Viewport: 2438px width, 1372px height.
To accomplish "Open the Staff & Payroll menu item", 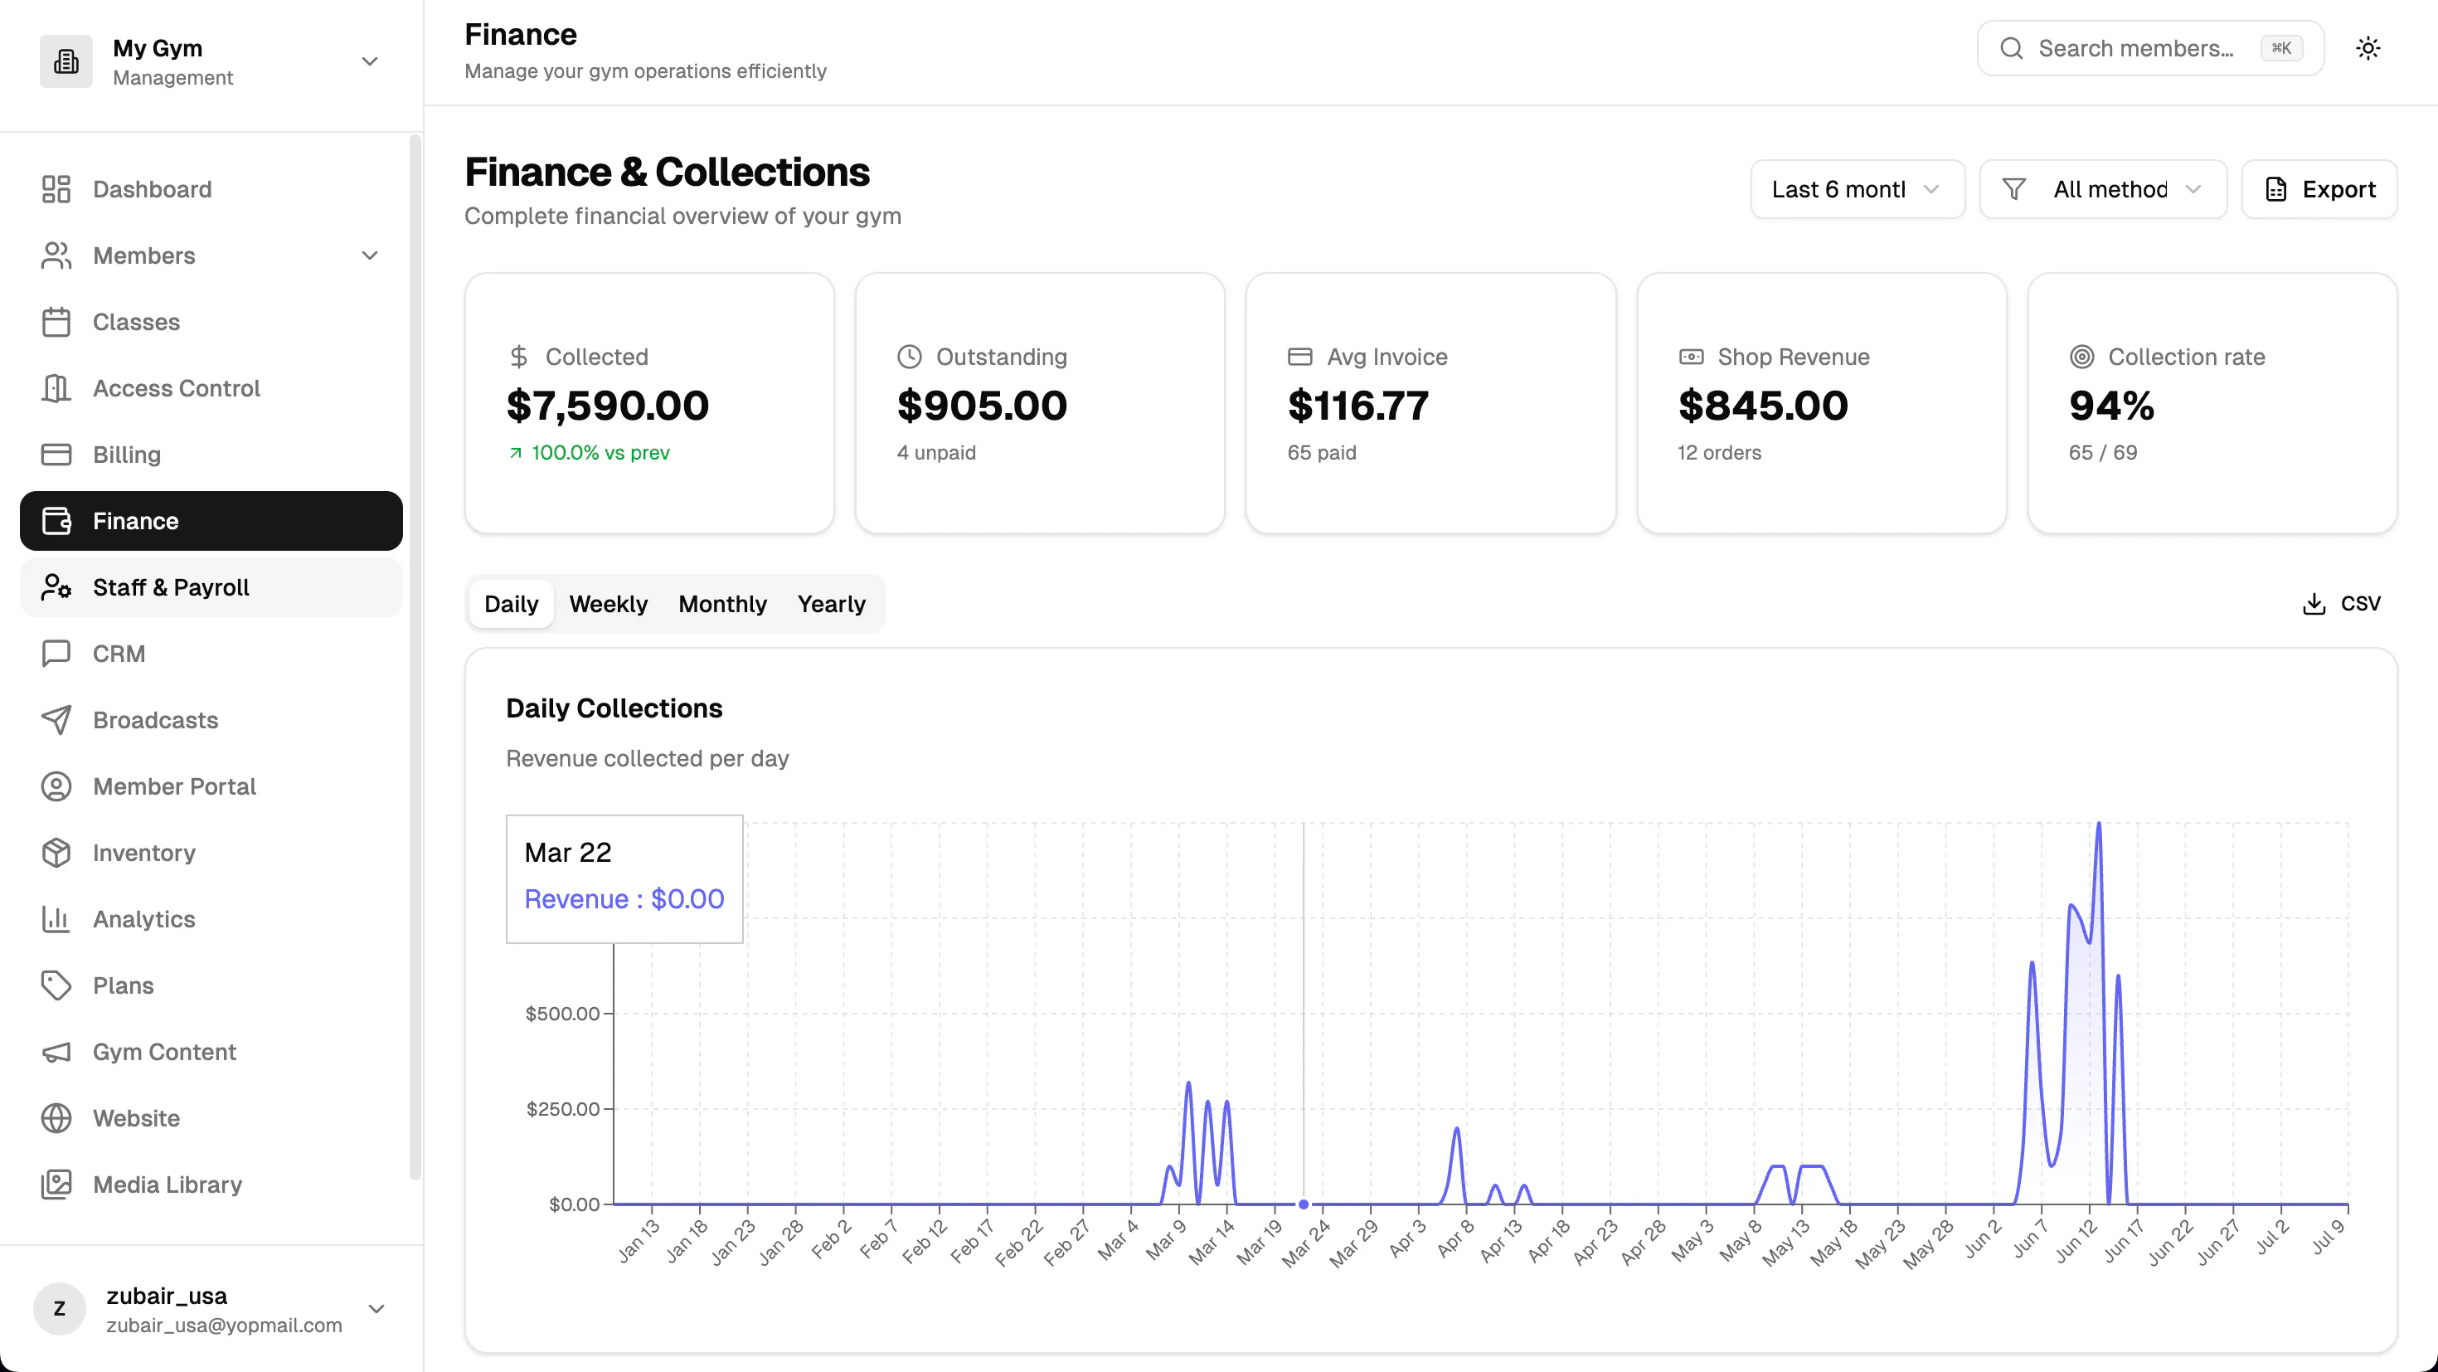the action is tap(211, 587).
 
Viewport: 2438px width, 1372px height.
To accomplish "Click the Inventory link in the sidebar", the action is tap(143, 852).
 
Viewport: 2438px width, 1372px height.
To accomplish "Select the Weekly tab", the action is tap(609, 603).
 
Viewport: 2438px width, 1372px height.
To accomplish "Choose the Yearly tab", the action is tap(831, 603).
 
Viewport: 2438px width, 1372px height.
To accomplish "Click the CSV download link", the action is tap(2342, 603).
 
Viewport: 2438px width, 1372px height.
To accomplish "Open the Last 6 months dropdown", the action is tap(1857, 189).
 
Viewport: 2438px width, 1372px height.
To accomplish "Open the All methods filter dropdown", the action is tap(2103, 189).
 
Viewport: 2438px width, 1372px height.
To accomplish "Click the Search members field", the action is tap(2150, 48).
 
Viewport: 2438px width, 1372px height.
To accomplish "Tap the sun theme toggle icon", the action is tap(2368, 48).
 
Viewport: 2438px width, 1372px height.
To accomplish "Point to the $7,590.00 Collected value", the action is tap(608, 406).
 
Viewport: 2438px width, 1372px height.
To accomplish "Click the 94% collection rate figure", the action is tap(2111, 406).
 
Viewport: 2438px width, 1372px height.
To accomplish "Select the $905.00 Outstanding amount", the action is tap(982, 406).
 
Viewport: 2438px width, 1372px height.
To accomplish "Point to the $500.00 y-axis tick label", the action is tap(562, 1013).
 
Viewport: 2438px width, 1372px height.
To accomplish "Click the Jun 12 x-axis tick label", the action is tap(2076, 1241).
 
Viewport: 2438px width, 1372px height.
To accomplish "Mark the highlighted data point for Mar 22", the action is tap(1304, 1204).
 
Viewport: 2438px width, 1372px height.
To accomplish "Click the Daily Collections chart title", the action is tap(614, 708).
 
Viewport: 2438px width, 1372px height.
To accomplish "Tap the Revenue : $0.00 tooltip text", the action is tap(624, 898).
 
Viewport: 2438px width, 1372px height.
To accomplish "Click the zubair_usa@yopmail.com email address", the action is tap(224, 1325).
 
